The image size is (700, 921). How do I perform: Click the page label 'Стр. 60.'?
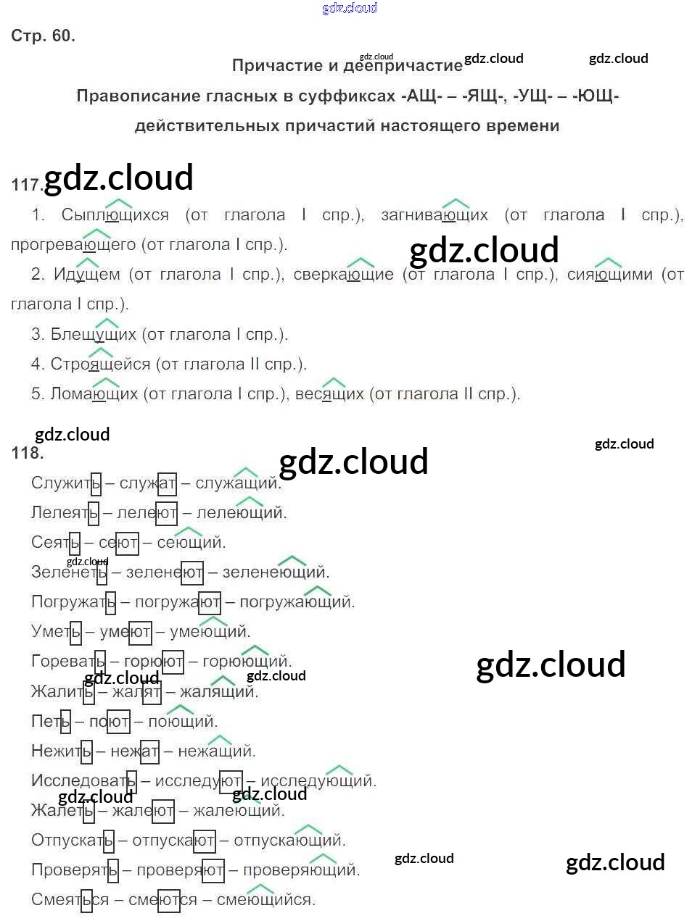click(43, 36)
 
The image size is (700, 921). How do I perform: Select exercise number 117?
click(27, 185)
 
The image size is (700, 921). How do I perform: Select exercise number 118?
click(28, 453)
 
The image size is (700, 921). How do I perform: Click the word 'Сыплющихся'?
click(115, 214)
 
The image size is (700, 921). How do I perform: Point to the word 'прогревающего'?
click(73, 245)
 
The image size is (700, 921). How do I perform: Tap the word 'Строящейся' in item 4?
click(100, 364)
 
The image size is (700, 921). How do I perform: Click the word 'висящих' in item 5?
click(329, 394)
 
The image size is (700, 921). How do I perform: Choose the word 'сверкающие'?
click(344, 275)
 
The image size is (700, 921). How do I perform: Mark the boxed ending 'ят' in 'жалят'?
click(152, 692)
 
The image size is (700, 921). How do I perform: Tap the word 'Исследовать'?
click(83, 781)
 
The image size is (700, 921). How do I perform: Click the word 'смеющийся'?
click(265, 900)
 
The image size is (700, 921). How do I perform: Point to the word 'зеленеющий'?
click(276, 572)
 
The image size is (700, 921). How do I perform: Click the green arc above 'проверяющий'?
click(323, 857)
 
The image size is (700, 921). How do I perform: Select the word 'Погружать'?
click(73, 602)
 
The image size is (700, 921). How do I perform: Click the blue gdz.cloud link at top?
click(350, 8)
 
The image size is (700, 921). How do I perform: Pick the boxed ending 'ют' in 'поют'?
click(118, 722)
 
